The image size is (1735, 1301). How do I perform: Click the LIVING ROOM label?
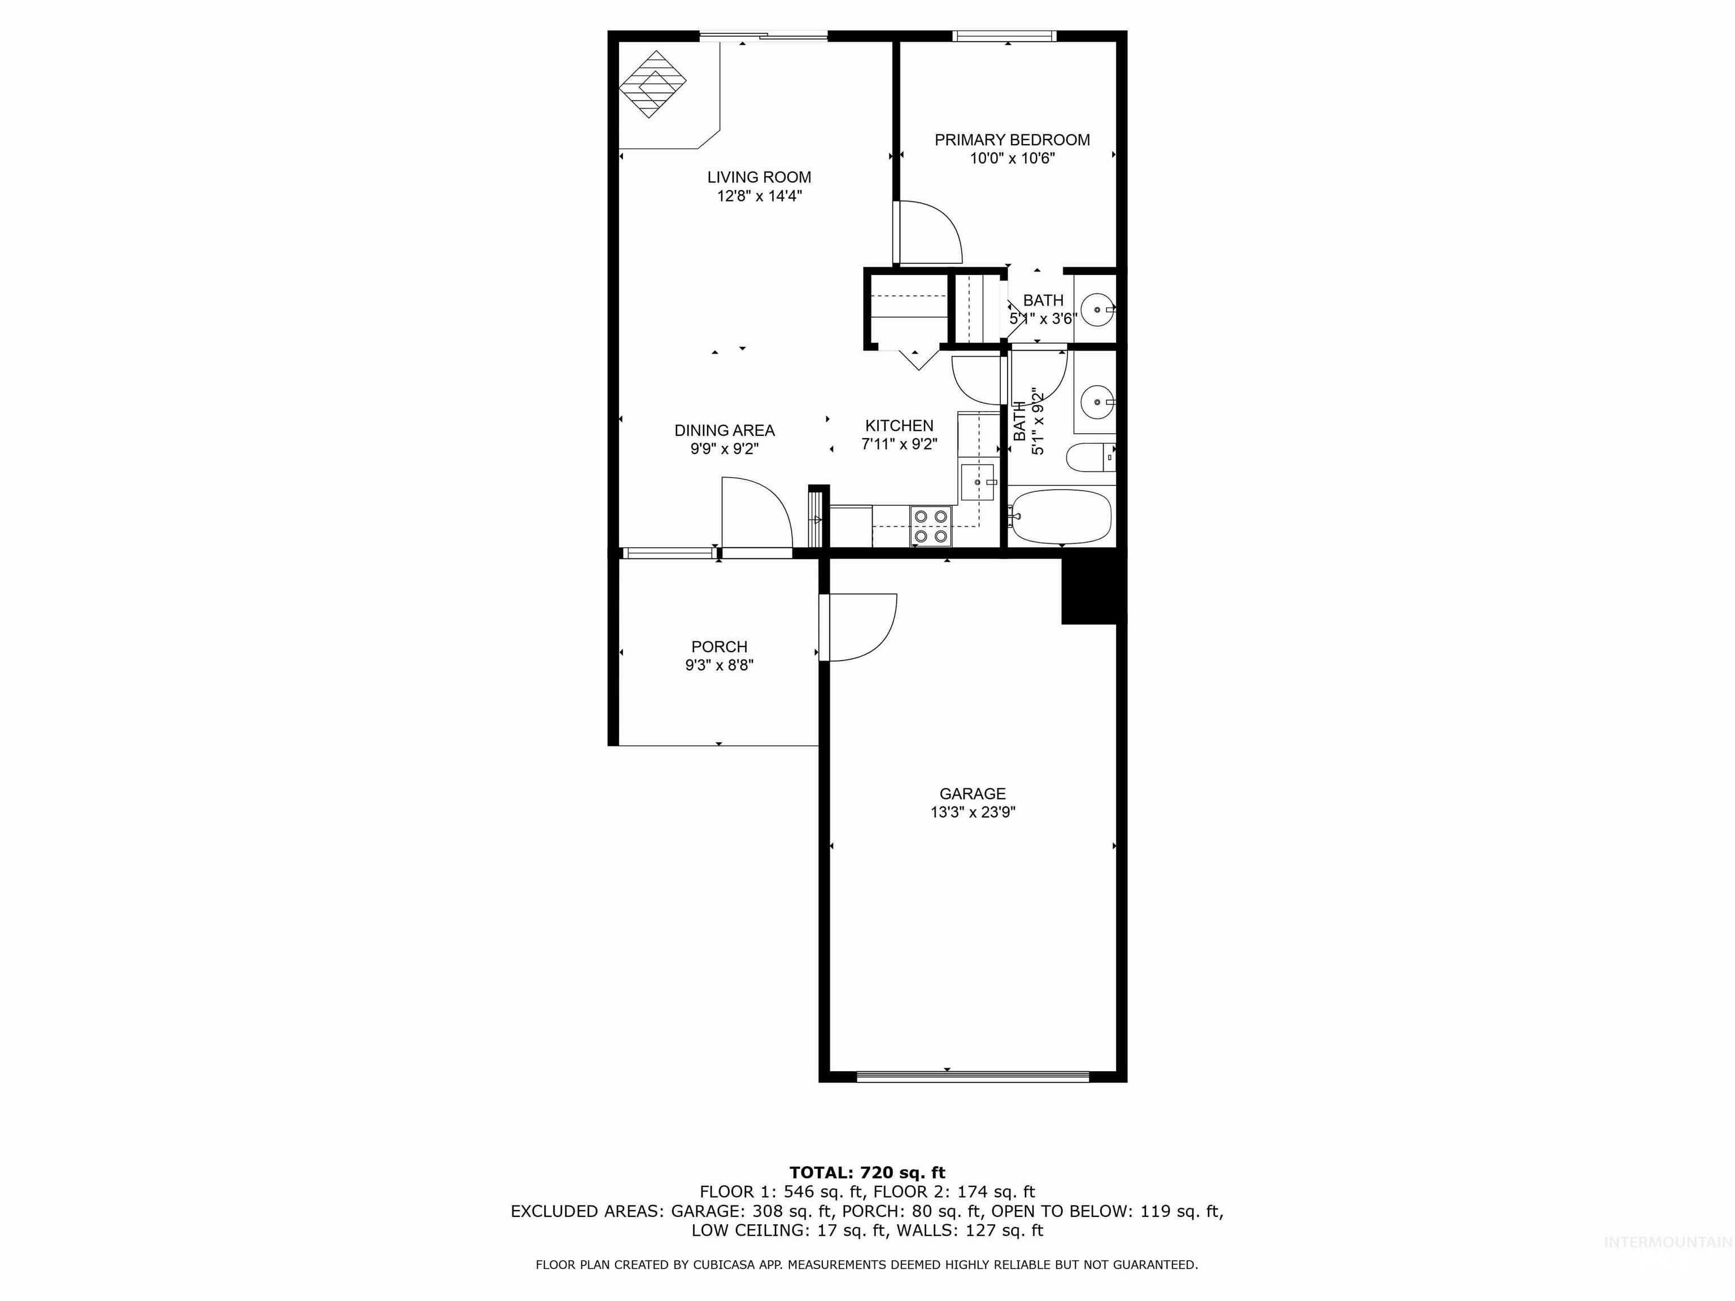(758, 177)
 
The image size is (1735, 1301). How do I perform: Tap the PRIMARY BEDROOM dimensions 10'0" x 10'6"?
(1012, 159)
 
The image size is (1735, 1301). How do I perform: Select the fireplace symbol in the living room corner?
(652, 84)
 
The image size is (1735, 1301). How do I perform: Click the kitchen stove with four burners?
(930, 526)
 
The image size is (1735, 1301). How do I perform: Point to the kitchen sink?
(977, 482)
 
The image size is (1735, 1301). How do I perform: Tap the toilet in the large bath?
(1089, 457)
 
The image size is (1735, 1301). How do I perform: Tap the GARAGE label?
(972, 793)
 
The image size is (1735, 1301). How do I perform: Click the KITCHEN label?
(899, 426)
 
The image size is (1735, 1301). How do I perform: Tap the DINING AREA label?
(724, 430)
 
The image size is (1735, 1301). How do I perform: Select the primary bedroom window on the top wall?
(1004, 35)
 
